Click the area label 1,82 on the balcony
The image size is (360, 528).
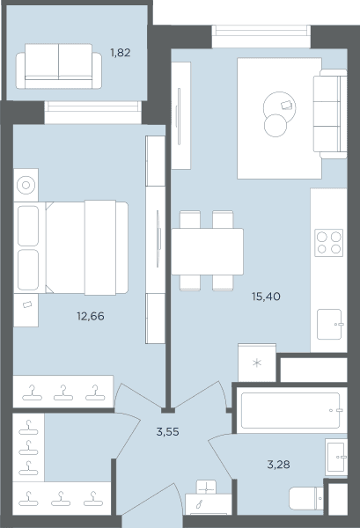[x=121, y=53]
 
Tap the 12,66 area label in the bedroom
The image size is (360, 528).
[x=91, y=316]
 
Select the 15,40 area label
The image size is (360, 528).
[x=266, y=297]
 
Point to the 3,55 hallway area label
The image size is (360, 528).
[x=168, y=432]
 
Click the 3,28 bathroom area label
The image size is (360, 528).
[x=278, y=465]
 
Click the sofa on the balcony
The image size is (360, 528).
[x=59, y=66]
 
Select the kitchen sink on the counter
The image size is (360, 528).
[x=330, y=324]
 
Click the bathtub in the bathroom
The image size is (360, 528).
[x=291, y=410]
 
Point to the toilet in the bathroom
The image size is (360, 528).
[x=306, y=498]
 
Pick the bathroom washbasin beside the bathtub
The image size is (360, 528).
[x=336, y=457]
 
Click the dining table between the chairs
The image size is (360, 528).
[x=207, y=252]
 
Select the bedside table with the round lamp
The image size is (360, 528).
[x=26, y=185]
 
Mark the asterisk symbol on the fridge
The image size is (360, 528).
[x=257, y=363]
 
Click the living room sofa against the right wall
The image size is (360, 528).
[x=330, y=114]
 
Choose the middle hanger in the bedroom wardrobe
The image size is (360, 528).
[x=63, y=393]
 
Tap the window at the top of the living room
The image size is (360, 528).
[x=261, y=36]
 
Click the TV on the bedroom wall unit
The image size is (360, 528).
[x=158, y=238]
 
